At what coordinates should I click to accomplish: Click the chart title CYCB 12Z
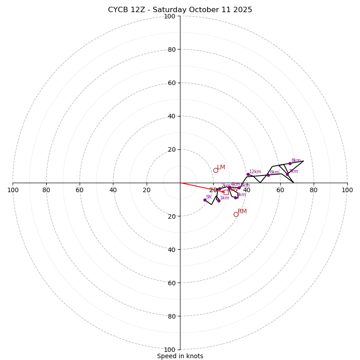180,10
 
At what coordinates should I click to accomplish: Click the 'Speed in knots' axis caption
180,356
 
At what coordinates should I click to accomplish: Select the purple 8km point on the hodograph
290,163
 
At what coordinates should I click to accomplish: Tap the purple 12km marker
248,174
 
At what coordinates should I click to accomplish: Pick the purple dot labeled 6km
268,175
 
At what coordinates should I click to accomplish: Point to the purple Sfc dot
205,200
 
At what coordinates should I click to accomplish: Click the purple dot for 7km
287,174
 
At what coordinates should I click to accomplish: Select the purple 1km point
219,201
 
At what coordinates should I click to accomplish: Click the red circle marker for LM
216,170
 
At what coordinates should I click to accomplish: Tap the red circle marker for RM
236,214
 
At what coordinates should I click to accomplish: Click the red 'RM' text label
242,211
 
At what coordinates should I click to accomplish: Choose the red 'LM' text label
221,167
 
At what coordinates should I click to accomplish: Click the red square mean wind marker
226,192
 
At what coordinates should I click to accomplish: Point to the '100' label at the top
170,16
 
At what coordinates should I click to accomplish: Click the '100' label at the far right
347,190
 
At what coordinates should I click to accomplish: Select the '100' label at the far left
13,190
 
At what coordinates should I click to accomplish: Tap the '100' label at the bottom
170,350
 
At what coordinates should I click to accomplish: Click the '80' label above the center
171,49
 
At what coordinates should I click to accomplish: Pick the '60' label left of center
80,190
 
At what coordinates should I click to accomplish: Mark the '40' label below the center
171,250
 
